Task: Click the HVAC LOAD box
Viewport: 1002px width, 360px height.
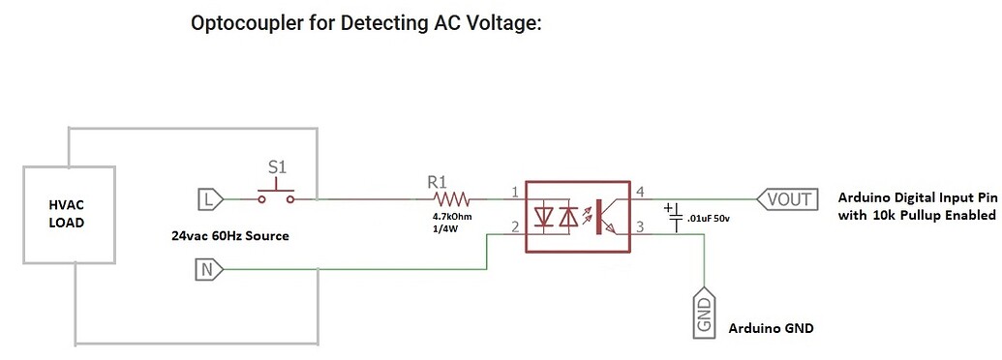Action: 68,214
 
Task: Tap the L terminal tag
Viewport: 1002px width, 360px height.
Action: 209,199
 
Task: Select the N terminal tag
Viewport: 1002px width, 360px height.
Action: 209,270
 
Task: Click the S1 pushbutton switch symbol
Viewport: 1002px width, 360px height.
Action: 278,196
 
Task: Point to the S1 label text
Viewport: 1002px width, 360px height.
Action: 277,167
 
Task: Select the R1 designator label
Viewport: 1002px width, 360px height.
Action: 439,181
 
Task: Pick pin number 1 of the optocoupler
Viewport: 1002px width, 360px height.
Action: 514,192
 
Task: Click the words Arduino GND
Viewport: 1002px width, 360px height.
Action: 771,328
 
